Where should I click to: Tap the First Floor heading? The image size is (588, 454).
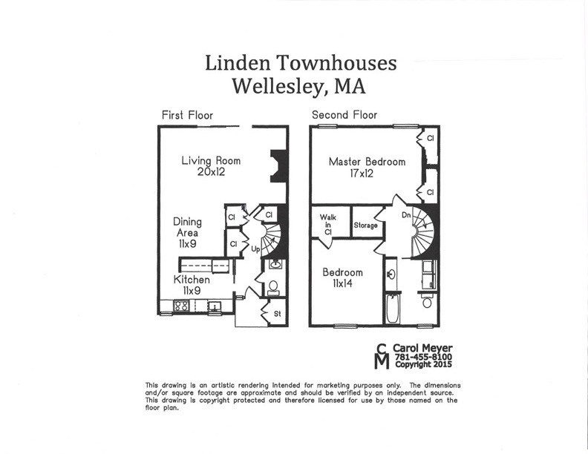click(x=187, y=115)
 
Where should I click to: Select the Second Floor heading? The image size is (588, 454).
click(x=344, y=115)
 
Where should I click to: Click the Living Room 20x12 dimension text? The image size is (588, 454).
click(x=211, y=172)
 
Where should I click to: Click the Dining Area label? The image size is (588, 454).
click(x=188, y=232)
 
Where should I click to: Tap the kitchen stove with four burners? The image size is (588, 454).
click(x=181, y=305)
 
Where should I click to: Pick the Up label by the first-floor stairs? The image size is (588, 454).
click(x=255, y=247)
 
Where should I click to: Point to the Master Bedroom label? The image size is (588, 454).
click(x=367, y=162)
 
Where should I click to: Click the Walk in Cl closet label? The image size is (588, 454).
click(x=327, y=224)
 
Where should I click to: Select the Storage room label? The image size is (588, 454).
click(x=365, y=226)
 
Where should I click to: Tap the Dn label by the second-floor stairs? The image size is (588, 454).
click(x=406, y=216)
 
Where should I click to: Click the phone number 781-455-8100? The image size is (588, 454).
click(x=423, y=357)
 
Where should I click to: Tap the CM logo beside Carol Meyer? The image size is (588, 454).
click(x=382, y=357)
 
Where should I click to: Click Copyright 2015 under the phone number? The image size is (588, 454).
click(x=423, y=365)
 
